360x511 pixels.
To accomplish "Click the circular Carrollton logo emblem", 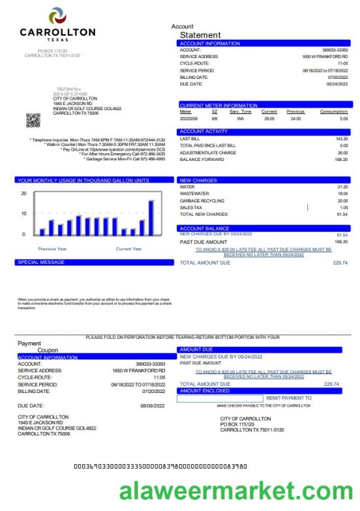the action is [x=57, y=16].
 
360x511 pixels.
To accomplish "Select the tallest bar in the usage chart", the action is [x=151, y=217].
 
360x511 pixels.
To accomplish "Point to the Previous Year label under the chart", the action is [x=52, y=248].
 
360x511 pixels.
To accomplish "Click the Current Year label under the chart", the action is [x=129, y=248].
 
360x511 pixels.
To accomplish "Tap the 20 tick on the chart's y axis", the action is [x=23, y=194].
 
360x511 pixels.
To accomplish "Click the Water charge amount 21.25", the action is [x=342, y=187].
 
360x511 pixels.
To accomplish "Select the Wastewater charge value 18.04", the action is [x=342, y=194].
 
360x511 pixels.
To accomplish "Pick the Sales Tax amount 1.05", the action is [x=343, y=207].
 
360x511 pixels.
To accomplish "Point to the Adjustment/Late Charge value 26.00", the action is [x=342, y=152].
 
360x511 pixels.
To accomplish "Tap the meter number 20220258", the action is [x=189, y=119].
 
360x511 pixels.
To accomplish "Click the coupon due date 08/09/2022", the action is [x=153, y=405].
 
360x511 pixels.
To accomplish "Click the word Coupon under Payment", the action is [x=48, y=350].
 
